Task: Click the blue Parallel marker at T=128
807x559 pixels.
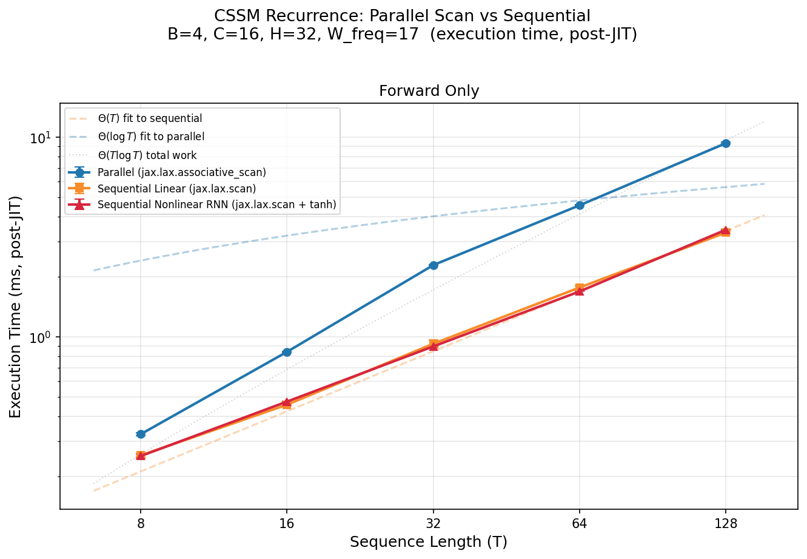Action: point(726,143)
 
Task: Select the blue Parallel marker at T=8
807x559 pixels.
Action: point(141,434)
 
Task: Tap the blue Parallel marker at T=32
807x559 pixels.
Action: point(434,265)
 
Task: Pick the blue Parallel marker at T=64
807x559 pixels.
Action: point(580,205)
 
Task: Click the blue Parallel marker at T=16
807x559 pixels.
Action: point(287,352)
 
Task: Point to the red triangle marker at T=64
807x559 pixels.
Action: point(580,291)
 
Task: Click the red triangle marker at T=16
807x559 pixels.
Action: point(287,402)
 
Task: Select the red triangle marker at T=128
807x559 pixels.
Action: point(726,231)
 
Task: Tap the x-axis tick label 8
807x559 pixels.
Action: point(141,523)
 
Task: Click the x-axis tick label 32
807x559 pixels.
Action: point(434,523)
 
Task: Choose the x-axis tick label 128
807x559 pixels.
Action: point(726,523)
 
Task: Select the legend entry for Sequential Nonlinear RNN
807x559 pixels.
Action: point(216,205)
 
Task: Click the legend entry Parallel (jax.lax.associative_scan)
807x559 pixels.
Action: point(181,172)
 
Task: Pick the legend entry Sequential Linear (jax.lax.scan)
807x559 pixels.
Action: point(176,189)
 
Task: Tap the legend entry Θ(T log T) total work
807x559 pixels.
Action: point(147,155)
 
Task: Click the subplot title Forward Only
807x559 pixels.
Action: point(429,91)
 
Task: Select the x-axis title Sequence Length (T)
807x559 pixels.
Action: point(429,541)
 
